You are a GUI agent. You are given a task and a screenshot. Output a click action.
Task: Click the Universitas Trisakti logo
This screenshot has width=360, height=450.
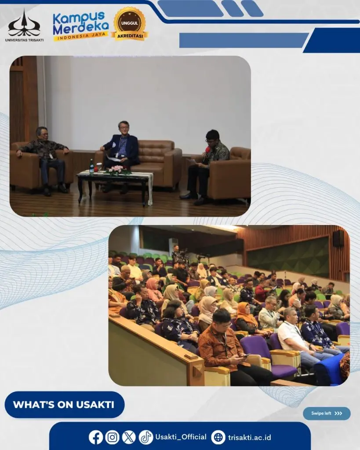click(24, 26)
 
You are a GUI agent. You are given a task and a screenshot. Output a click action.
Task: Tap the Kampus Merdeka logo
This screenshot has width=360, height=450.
click(81, 26)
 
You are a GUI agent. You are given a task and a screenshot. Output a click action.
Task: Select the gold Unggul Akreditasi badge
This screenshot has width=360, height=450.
click(130, 24)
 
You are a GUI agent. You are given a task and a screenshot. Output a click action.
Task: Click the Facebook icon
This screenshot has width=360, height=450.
click(95, 437)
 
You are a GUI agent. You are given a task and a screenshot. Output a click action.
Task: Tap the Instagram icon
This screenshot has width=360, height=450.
click(112, 437)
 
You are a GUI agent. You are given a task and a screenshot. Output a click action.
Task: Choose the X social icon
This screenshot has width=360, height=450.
click(129, 437)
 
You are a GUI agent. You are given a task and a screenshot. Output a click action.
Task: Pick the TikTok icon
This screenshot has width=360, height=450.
click(146, 437)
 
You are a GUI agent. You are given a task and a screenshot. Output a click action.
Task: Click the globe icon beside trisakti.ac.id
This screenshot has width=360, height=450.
click(218, 437)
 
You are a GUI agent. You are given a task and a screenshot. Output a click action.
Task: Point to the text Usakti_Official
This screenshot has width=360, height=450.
click(181, 437)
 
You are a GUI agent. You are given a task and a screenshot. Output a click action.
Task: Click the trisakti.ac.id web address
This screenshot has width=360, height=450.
click(250, 437)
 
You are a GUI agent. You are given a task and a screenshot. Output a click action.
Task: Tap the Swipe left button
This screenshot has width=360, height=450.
click(327, 413)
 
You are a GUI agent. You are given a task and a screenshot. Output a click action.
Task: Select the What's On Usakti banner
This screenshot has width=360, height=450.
click(65, 404)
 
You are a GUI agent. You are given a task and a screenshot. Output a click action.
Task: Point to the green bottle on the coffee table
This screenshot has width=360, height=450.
click(91, 166)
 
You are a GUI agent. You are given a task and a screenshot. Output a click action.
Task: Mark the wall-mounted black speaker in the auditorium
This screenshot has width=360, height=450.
click(338, 238)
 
